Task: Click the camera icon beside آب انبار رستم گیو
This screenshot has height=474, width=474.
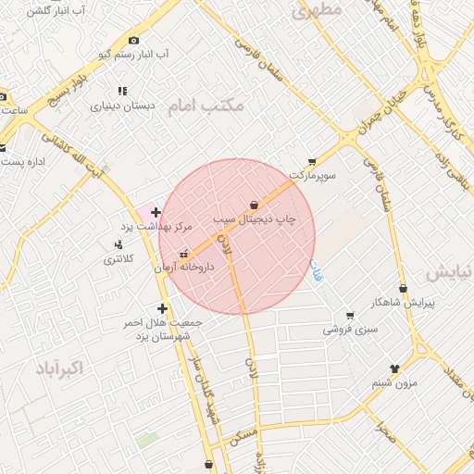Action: (135, 40)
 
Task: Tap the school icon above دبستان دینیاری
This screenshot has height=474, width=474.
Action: (121, 91)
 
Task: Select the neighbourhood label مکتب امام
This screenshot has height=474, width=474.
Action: (206, 106)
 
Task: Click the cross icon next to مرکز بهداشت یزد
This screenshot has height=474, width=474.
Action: (156, 212)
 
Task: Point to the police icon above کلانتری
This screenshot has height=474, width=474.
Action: (118, 244)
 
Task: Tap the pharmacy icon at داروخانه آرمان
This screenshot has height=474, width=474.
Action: (183, 253)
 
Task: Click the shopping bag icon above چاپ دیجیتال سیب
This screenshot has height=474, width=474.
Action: (255, 205)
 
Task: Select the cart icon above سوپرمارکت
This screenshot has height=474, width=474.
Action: (312, 161)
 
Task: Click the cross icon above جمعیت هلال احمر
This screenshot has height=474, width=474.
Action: (163, 308)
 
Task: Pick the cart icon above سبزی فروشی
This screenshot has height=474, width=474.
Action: (349, 315)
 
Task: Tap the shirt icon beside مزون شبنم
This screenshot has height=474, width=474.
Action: (395, 368)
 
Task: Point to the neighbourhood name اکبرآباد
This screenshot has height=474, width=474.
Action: (59, 368)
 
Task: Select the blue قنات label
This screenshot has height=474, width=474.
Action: (318, 272)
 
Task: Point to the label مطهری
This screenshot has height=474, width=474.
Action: (318, 10)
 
